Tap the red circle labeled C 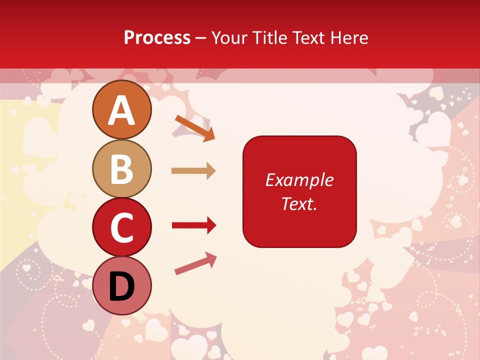pos(121,227)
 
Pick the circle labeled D pos(121,285)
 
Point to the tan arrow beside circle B pos(193,171)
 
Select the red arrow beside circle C pos(193,225)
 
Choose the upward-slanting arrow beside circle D pos(195,263)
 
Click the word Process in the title pos(157,38)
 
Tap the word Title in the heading pos(269,38)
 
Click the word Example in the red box pos(299,180)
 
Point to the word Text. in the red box pos(299,203)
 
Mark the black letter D pos(121,287)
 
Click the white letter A pos(121,111)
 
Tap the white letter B pos(121,169)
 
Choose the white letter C pos(121,228)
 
